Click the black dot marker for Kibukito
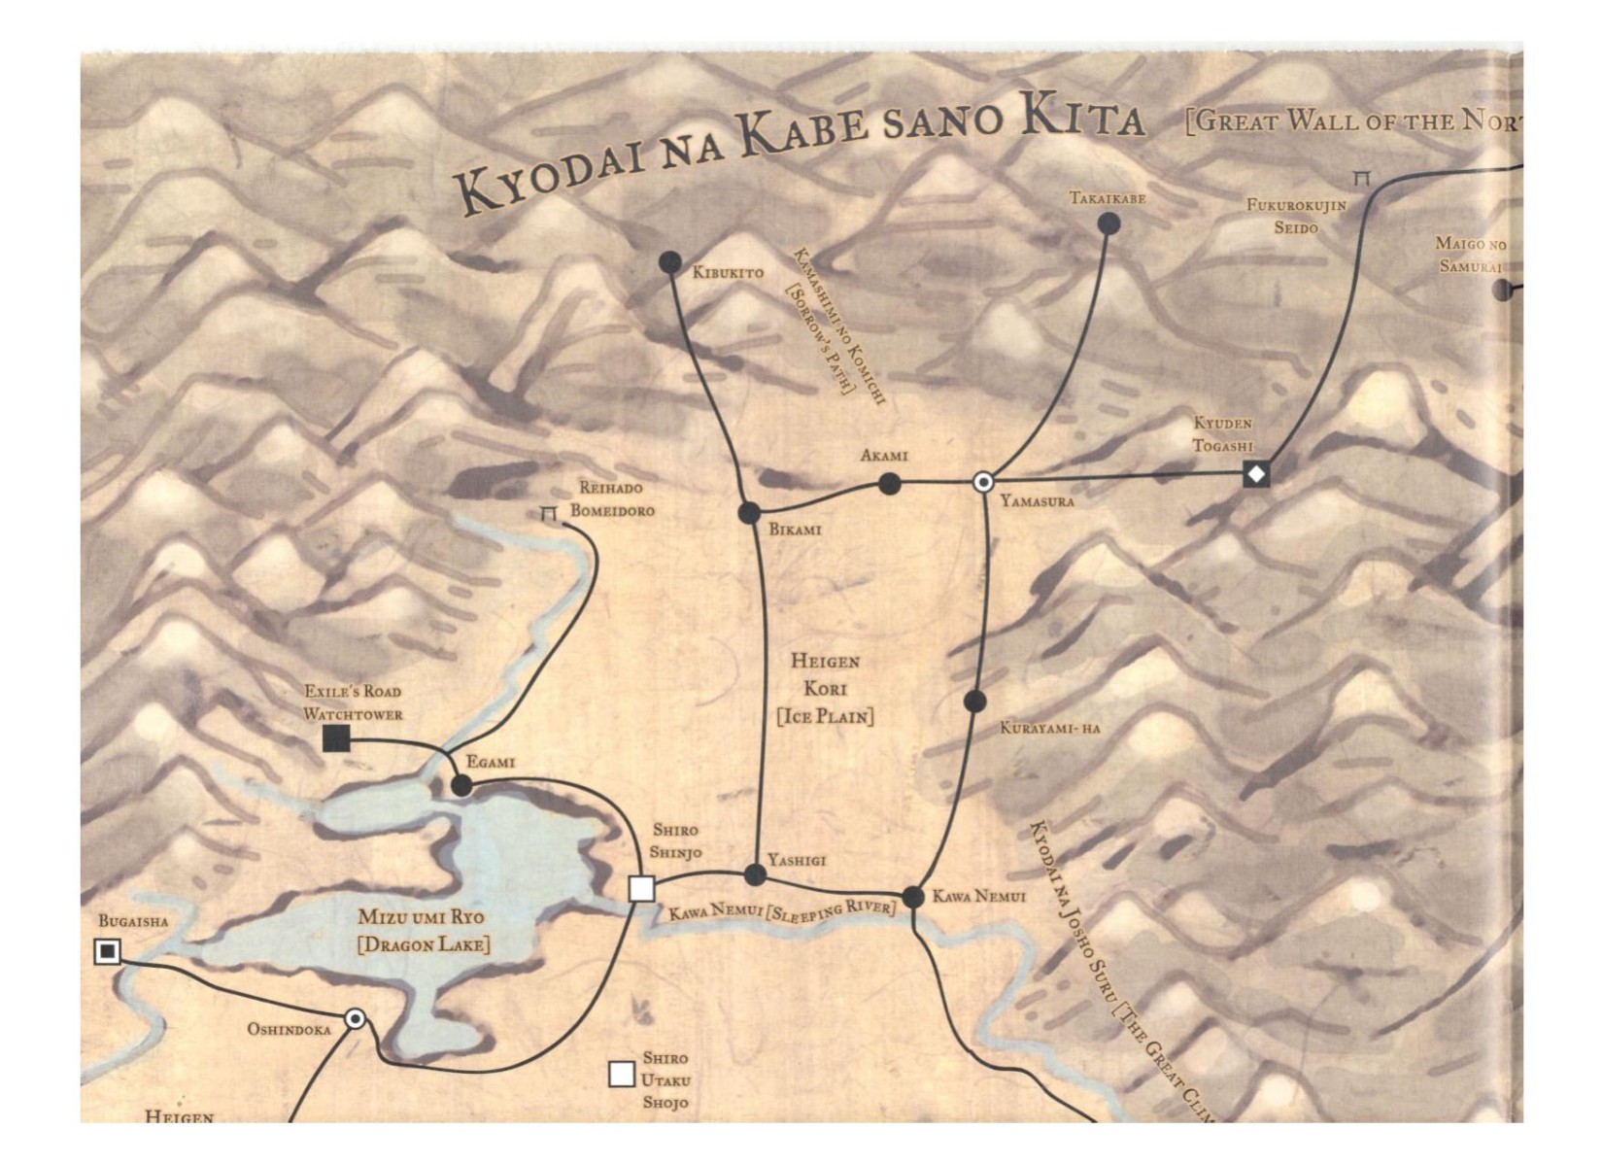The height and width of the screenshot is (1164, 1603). coord(670,262)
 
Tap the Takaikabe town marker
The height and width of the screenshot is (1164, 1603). coord(1108,224)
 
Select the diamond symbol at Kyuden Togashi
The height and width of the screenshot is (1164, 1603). coord(1256,475)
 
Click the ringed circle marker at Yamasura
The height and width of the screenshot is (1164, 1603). coord(983,482)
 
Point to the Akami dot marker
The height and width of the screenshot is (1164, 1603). coord(889,484)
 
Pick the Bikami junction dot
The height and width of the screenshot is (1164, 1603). coord(749,513)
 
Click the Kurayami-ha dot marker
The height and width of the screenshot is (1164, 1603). coord(975,701)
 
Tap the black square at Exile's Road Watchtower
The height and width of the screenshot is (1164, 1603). coord(336,738)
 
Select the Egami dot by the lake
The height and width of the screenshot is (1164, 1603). coord(462,785)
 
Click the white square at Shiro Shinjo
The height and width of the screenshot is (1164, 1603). coord(641,888)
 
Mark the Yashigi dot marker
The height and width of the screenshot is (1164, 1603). coord(755,874)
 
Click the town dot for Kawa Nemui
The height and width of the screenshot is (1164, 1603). coord(913,897)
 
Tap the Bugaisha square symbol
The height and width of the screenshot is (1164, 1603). coord(108,950)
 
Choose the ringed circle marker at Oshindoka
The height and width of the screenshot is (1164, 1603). coord(356,1019)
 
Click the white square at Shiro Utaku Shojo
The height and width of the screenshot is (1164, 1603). coord(622,1075)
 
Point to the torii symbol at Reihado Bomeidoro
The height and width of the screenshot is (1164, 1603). coord(549,513)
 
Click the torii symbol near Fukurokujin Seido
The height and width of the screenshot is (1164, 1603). coord(1362,179)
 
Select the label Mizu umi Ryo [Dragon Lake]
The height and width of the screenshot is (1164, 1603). coord(423,931)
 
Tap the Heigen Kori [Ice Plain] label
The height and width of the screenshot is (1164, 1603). coord(825,689)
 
